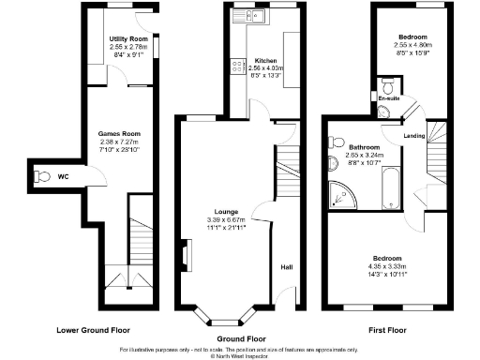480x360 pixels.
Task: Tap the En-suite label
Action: click(x=388, y=97)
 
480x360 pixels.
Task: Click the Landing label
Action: click(x=413, y=136)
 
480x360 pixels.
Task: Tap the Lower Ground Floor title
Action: click(x=92, y=330)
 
